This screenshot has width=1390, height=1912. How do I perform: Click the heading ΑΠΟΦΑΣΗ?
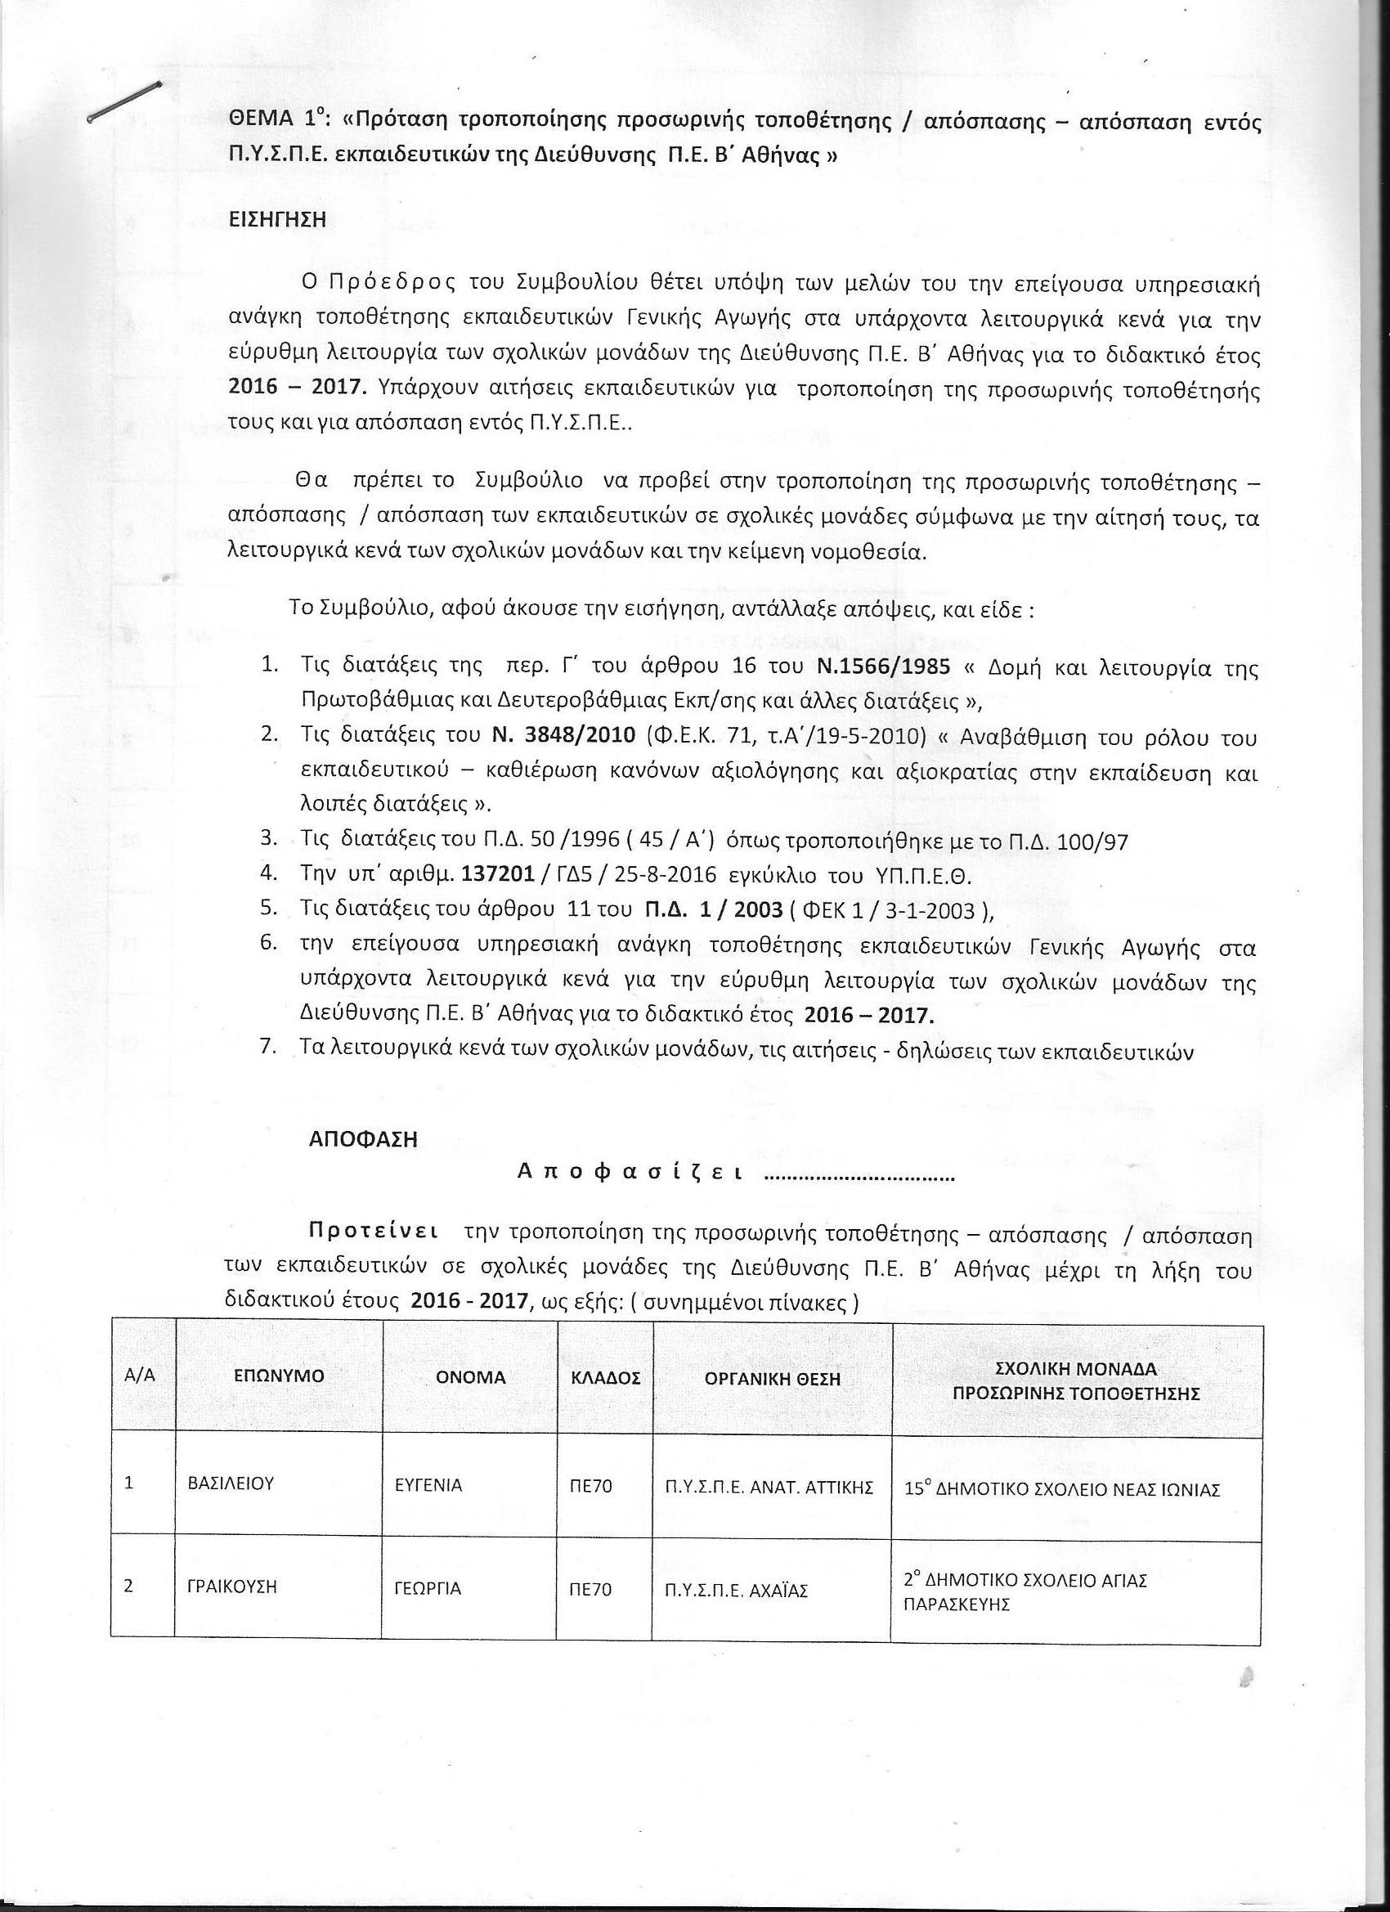pyautogui.click(x=363, y=1139)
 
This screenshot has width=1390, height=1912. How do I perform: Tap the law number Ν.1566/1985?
pyautogui.click(x=884, y=666)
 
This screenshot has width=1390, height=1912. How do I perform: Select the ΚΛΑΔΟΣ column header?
pyautogui.click(x=604, y=1377)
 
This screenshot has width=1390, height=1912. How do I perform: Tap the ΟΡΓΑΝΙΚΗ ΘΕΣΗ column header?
pyautogui.click(x=773, y=1377)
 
